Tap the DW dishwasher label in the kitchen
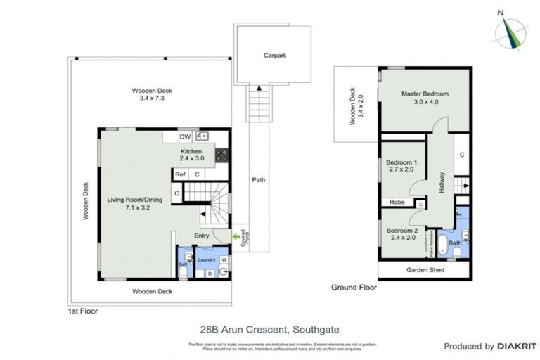point(185,137)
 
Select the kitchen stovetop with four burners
point(222,155)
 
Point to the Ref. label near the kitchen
point(181,174)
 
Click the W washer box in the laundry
point(224,259)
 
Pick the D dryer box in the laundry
point(210,273)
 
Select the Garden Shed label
point(423,270)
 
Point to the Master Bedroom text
point(425,94)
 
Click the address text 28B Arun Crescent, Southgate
point(269,328)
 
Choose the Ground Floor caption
point(354,287)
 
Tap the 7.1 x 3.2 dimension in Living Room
point(134,209)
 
